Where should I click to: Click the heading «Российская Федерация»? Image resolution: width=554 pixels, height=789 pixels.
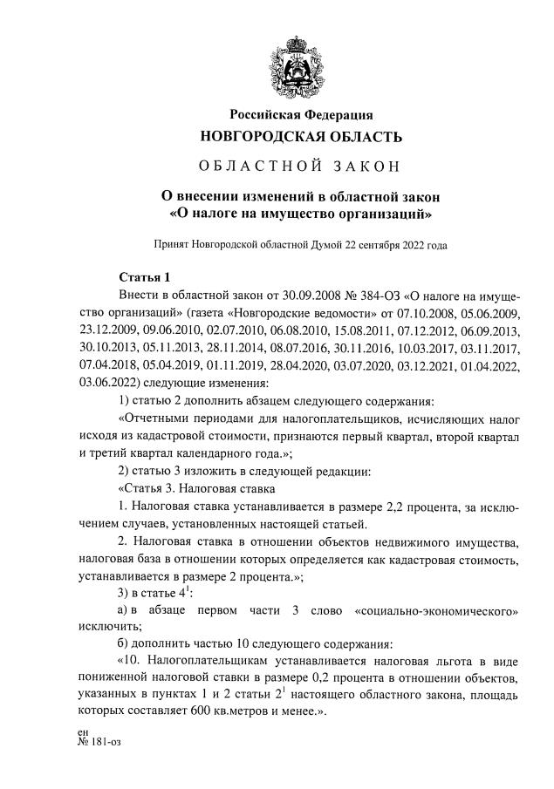(x=301, y=115)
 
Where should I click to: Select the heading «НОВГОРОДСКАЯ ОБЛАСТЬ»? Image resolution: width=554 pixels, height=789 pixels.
(x=301, y=137)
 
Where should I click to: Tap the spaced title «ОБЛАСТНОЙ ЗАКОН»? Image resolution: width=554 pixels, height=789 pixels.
(x=301, y=167)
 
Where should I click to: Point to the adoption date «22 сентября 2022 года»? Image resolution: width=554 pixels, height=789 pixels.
(x=398, y=246)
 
